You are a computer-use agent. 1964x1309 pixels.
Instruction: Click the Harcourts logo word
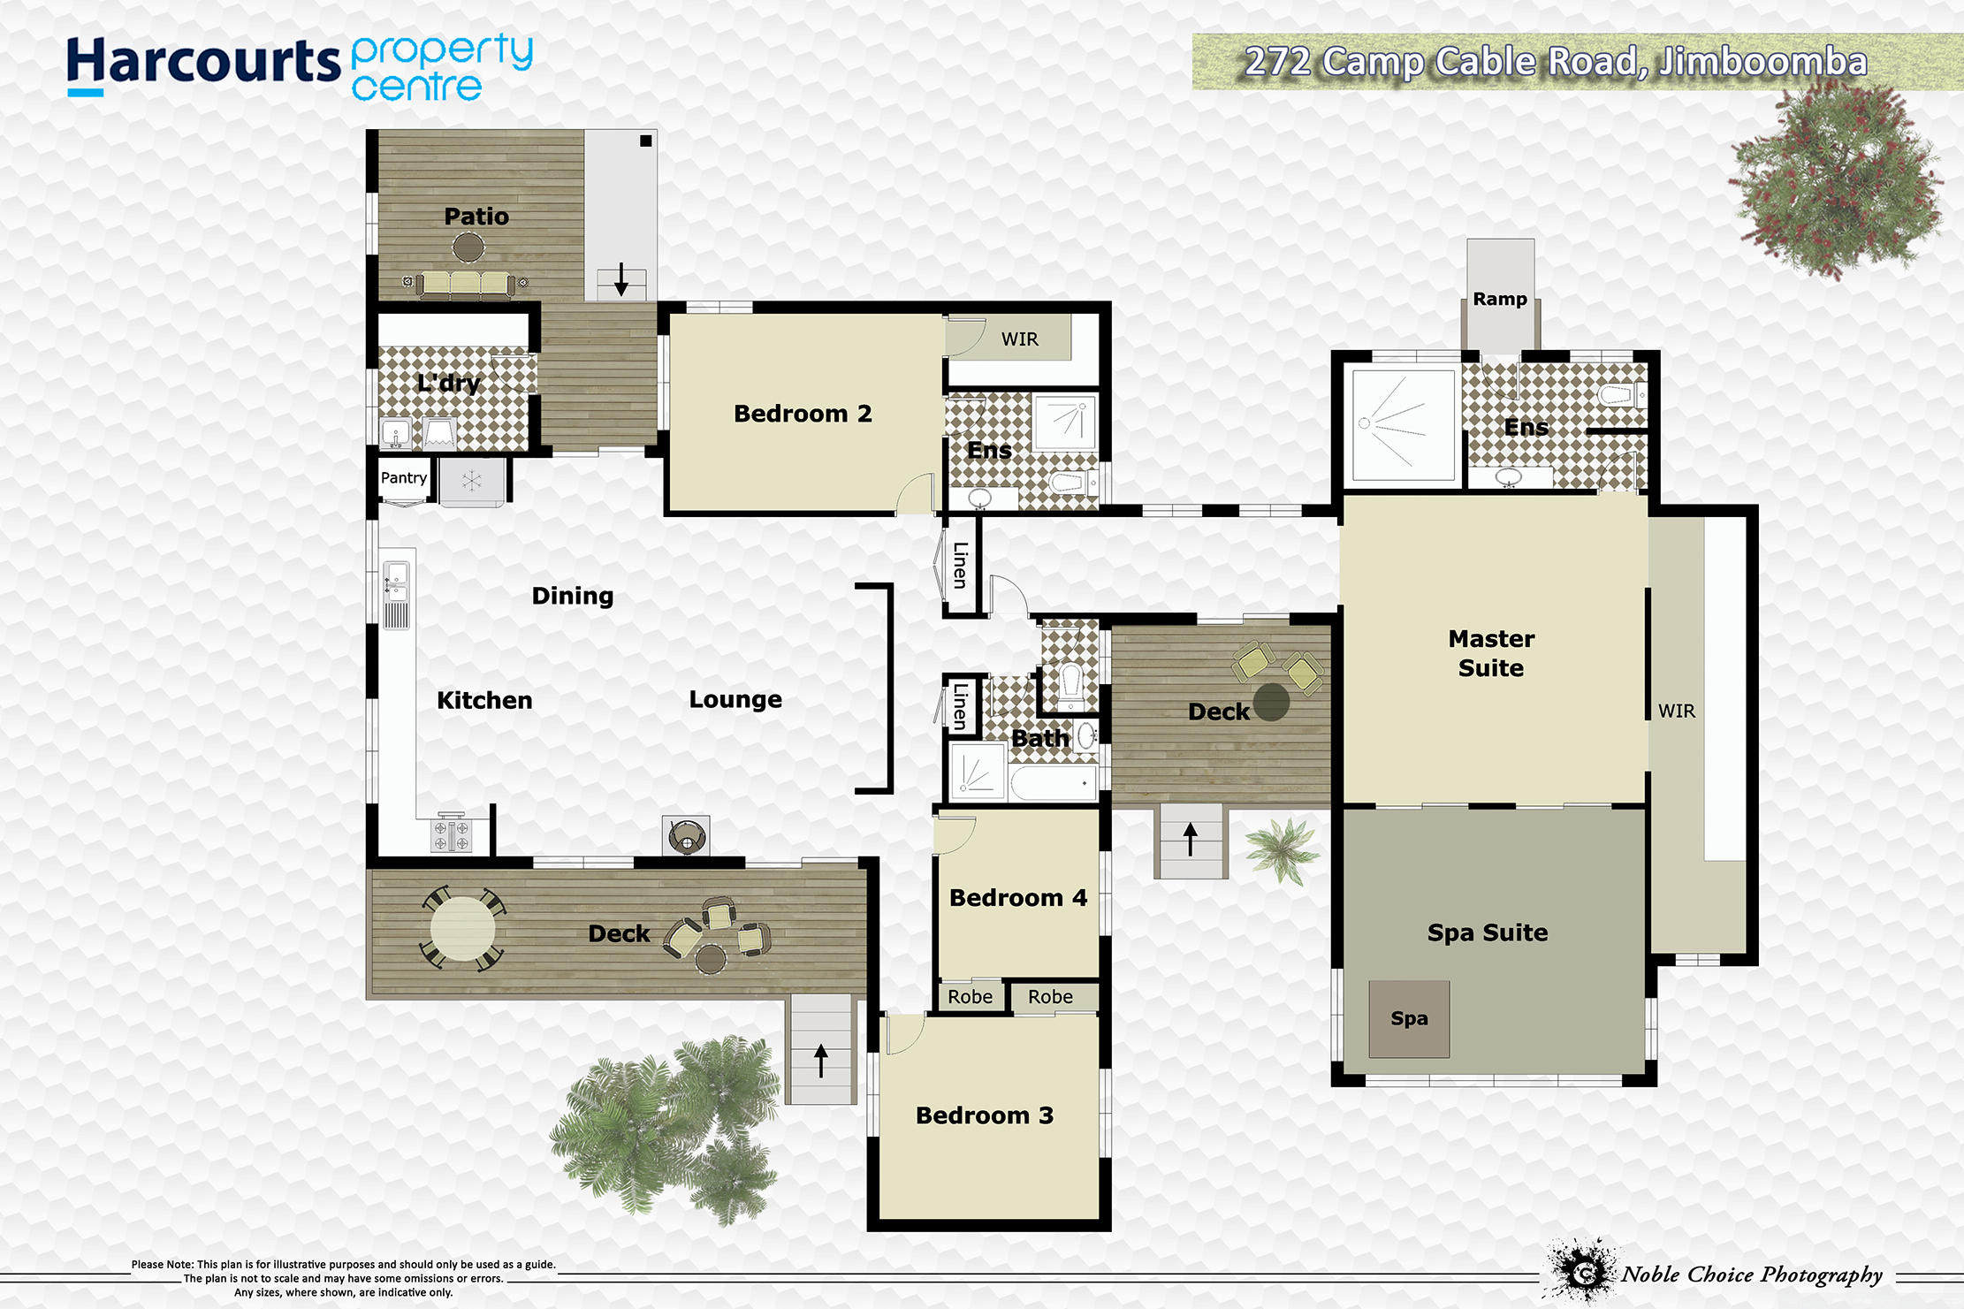click(203, 64)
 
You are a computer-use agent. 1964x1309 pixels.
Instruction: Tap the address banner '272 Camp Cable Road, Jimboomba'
click(1556, 62)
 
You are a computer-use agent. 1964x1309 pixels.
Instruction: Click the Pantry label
click(404, 478)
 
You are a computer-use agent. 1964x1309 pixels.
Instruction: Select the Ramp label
click(1500, 299)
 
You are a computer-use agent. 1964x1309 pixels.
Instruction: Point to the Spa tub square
click(1409, 1019)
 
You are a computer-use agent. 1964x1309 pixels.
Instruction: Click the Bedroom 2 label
click(803, 414)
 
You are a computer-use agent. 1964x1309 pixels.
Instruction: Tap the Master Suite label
click(1491, 653)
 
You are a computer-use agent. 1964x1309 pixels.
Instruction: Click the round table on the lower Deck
click(462, 928)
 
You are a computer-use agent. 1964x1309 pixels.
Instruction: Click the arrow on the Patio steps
click(621, 279)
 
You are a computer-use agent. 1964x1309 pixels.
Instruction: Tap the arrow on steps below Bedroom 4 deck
click(1191, 839)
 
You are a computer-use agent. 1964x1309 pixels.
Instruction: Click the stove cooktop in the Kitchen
click(452, 835)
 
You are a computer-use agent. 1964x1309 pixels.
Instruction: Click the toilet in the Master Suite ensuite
click(1621, 394)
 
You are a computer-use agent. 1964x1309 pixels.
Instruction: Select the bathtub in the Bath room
click(1054, 783)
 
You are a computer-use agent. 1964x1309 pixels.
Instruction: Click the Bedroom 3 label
click(985, 1115)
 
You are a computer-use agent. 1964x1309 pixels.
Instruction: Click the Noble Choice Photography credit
click(1751, 1275)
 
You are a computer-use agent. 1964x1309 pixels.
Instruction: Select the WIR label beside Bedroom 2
click(1020, 339)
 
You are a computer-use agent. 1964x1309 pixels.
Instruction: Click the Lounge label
click(735, 700)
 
